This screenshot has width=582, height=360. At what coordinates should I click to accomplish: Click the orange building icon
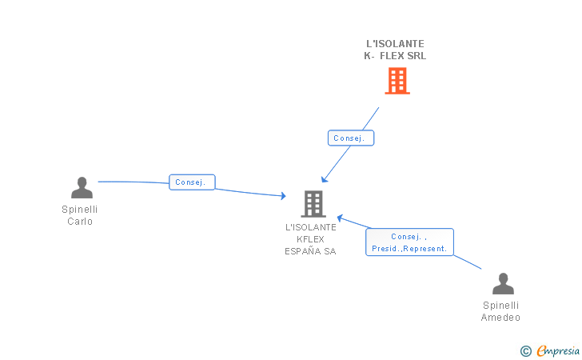[397, 81]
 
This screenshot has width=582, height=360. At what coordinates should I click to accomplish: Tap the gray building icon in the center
[313, 204]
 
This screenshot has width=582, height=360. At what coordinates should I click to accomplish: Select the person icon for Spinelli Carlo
[82, 188]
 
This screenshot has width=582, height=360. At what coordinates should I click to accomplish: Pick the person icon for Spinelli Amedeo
[503, 284]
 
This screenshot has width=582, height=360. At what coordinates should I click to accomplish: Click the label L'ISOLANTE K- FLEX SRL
[395, 50]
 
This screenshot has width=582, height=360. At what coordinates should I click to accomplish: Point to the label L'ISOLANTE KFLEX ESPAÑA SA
[310, 239]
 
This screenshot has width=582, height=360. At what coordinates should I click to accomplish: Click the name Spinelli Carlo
[80, 215]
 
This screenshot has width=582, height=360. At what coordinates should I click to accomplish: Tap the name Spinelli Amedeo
[500, 311]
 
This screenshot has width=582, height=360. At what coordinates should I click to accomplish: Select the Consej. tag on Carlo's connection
[192, 182]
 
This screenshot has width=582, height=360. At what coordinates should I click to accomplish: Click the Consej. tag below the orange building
[351, 138]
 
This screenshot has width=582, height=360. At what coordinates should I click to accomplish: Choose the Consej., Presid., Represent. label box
[409, 242]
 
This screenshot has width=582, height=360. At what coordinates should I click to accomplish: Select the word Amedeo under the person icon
[500, 318]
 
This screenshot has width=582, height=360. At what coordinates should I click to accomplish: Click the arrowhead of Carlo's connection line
[282, 196]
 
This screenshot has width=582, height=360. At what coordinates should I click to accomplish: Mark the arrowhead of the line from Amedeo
[339, 217]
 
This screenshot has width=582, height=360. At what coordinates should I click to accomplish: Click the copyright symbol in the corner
[525, 350]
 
